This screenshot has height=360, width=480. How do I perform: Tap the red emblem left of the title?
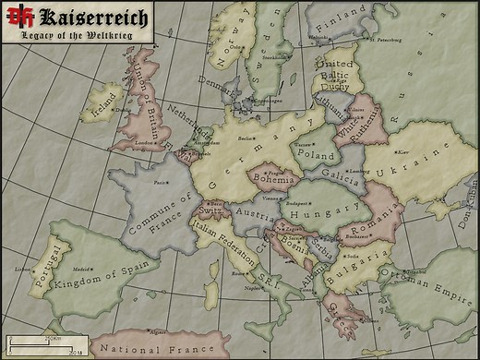(17, 18)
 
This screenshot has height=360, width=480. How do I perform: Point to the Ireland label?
(103, 100)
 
